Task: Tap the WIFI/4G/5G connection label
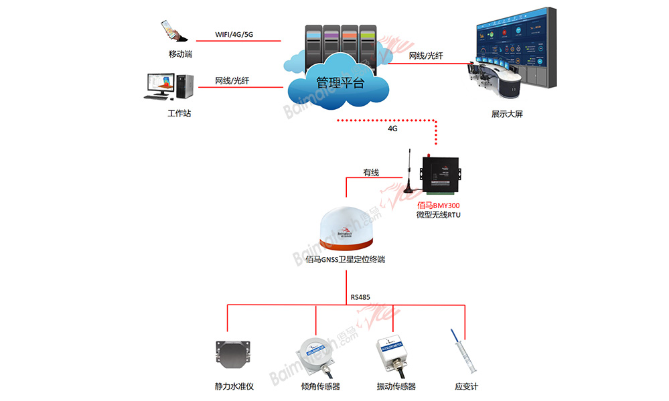click(x=234, y=34)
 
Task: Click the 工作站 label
click(x=179, y=113)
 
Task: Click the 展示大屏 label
click(x=506, y=114)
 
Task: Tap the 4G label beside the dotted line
click(x=393, y=128)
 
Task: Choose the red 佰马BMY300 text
click(x=438, y=205)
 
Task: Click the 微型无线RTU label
click(x=438, y=215)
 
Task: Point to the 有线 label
click(x=371, y=173)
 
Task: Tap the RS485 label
click(x=360, y=297)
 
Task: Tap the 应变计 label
click(x=466, y=386)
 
